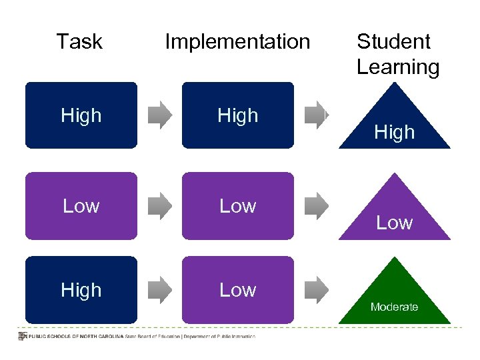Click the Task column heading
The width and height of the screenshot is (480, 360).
point(79,41)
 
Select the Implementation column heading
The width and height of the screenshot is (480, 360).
point(237,41)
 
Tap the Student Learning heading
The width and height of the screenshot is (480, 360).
point(397,54)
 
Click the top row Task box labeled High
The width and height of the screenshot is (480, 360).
point(81,115)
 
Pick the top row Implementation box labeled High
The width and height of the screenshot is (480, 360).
point(238,115)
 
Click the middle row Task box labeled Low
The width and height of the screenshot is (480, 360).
point(81,205)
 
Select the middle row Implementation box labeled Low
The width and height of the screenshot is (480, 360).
point(238,205)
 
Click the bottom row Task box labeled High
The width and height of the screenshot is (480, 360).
point(81,289)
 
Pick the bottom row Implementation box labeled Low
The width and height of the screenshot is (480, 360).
point(238,289)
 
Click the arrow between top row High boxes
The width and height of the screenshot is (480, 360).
point(159,115)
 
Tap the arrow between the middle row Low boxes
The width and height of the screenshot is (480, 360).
point(159,205)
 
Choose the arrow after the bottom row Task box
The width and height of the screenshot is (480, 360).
point(159,289)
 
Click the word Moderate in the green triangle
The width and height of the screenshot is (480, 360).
point(395,307)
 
